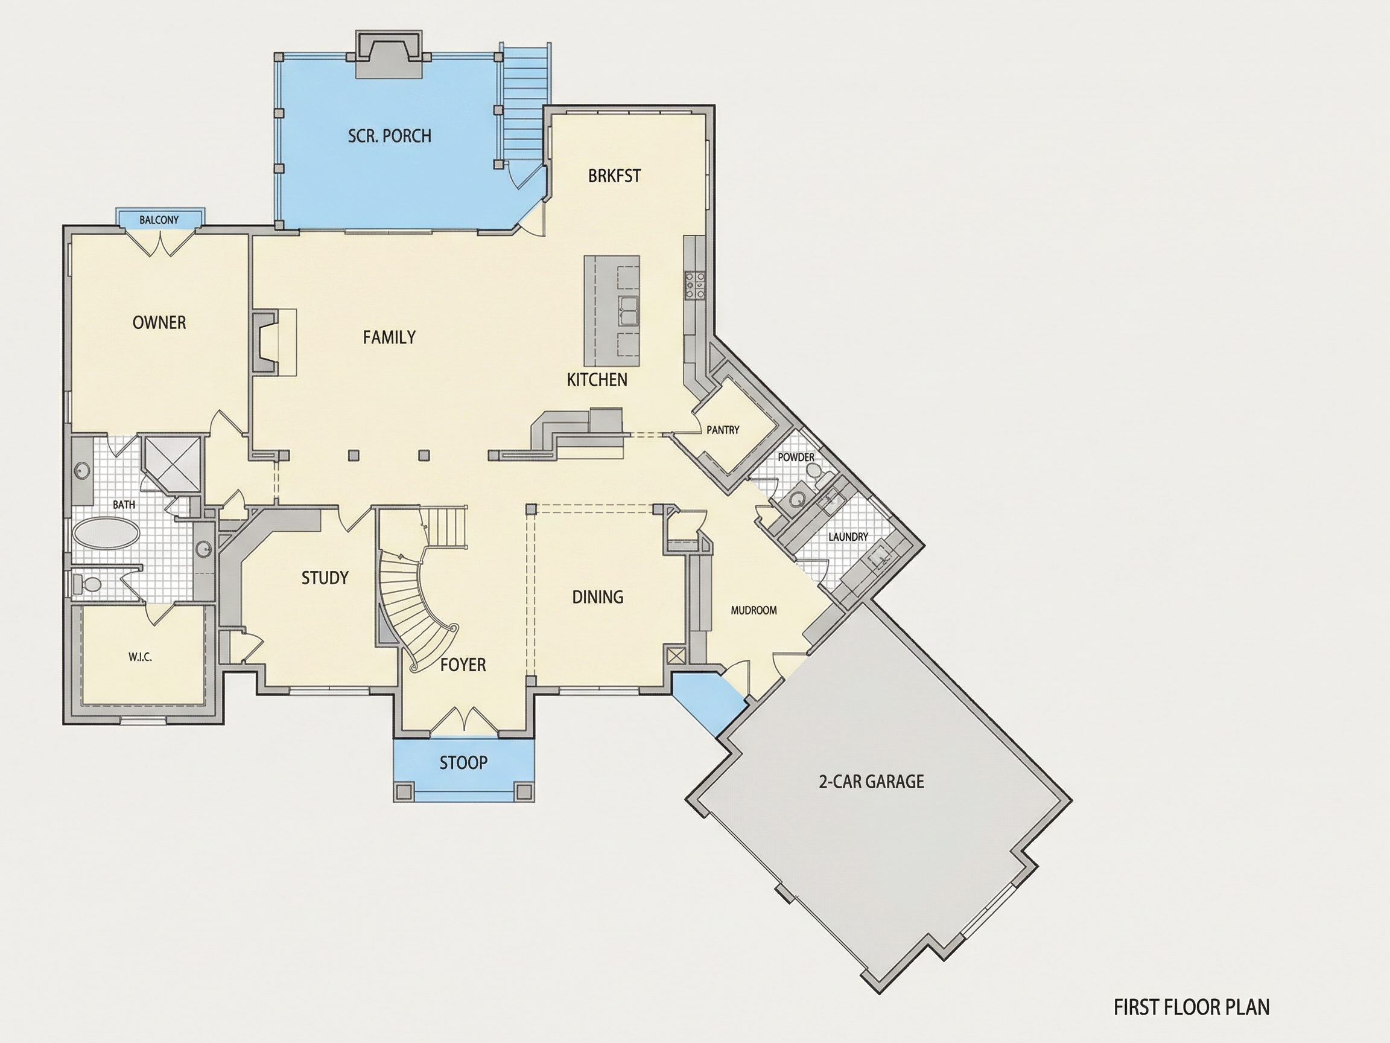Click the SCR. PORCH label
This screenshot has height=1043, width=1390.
click(x=390, y=136)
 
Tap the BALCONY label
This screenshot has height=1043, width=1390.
click(x=159, y=220)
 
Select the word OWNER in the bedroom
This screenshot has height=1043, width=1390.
click(x=159, y=322)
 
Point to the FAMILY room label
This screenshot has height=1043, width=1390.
click(x=389, y=337)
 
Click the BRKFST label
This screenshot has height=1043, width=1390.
click(x=615, y=176)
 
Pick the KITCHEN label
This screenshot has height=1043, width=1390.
click(x=597, y=380)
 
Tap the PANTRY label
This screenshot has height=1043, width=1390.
click(x=723, y=430)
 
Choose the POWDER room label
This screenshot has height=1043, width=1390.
click(x=796, y=457)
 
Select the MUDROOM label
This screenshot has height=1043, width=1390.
click(x=754, y=610)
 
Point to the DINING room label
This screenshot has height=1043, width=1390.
click(x=598, y=596)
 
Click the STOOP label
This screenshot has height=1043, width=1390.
click(x=463, y=762)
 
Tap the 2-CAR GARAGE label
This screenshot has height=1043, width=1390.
click(x=872, y=782)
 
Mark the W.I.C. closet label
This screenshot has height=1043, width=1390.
click(x=140, y=657)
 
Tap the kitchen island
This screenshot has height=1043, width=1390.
click(x=612, y=311)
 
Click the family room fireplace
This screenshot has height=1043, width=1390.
click(x=267, y=343)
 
